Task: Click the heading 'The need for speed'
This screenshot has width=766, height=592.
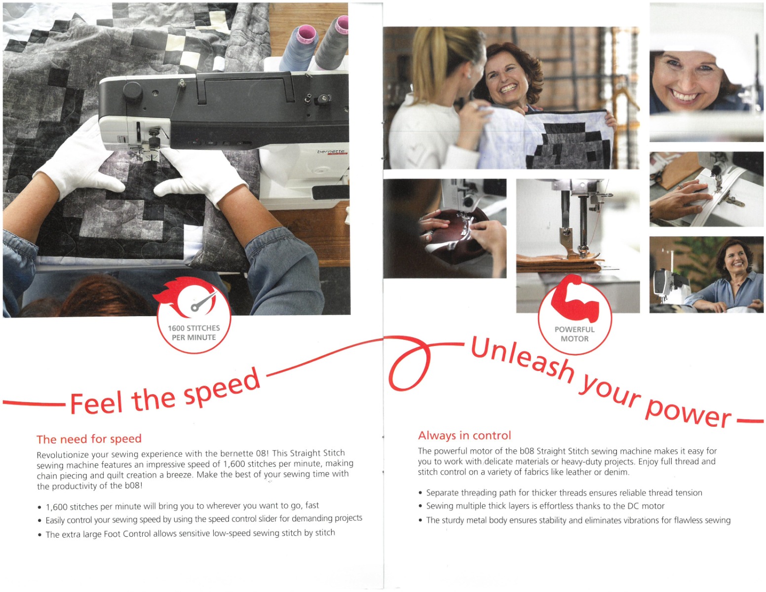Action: click(x=89, y=439)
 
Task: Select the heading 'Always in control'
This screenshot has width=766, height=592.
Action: click(x=464, y=436)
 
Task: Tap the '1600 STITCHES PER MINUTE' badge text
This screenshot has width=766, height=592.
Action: click(x=193, y=333)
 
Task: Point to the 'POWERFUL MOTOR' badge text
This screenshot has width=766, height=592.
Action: click(x=574, y=334)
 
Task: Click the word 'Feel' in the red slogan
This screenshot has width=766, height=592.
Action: click(x=96, y=402)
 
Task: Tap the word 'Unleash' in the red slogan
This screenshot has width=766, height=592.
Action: click(x=522, y=359)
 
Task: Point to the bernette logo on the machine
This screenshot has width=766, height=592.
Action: click(x=331, y=152)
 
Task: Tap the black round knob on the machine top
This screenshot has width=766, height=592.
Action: click(x=133, y=91)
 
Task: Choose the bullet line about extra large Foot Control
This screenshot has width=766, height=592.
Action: click(x=187, y=533)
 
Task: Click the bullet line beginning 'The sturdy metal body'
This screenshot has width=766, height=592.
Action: click(x=574, y=520)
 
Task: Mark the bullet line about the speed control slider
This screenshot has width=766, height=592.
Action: click(x=200, y=519)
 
